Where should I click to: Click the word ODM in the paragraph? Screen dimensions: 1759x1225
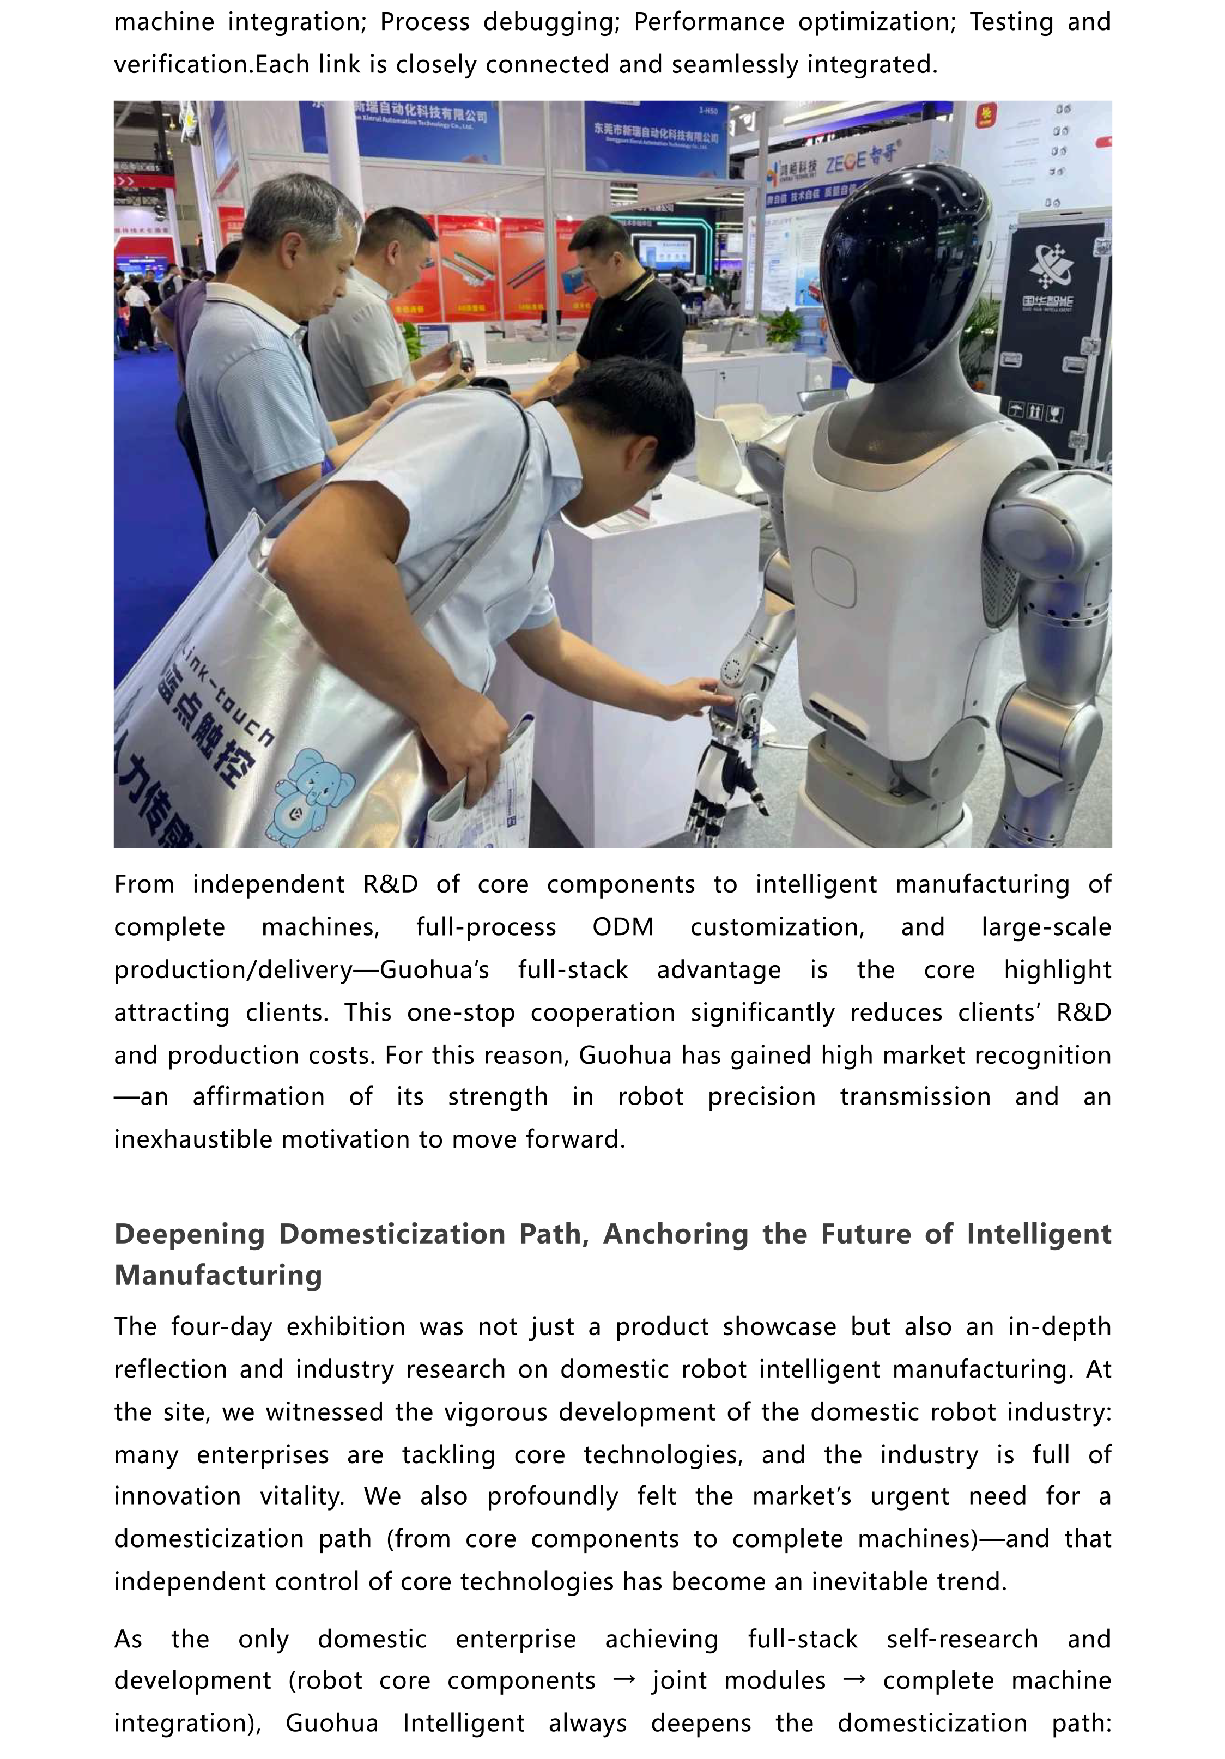tap(622, 927)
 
